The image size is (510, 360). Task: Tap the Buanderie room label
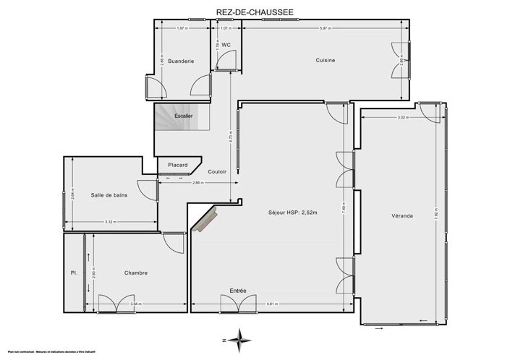180,61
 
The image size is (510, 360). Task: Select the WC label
226,45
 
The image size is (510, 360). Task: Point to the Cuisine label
325,61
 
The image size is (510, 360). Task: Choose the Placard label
177,165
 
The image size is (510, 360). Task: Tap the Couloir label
217,171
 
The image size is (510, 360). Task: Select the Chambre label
135,273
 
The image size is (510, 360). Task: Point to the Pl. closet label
74,273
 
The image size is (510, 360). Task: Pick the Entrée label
238,291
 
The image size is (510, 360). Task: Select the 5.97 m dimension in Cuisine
325,28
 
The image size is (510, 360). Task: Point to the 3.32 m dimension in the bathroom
111,222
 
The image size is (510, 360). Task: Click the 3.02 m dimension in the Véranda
402,118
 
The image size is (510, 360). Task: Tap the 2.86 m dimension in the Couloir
196,184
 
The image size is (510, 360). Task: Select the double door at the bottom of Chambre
115,304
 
